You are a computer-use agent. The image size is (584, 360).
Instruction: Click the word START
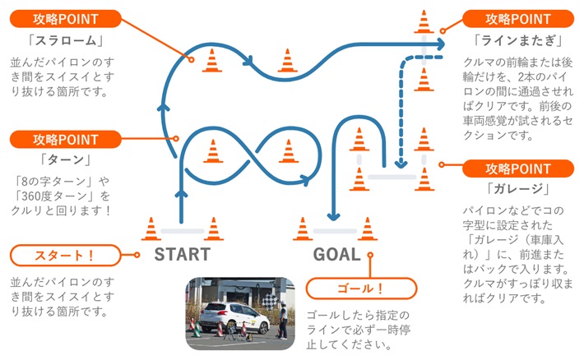pos(182,255)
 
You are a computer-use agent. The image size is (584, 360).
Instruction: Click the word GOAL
pos(336,255)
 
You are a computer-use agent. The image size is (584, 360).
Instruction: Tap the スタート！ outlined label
pos(65,256)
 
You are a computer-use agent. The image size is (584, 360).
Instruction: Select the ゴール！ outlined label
pos(361,288)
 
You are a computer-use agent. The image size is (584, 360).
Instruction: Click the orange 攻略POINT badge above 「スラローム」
pos(66,19)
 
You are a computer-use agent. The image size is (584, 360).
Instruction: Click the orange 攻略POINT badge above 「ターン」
pos(66,139)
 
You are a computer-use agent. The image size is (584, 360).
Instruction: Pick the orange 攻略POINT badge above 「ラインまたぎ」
pos(518,19)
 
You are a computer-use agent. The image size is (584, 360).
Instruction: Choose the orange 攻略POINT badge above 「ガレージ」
pos(518,168)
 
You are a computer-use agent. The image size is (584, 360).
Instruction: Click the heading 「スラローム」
pos(66,40)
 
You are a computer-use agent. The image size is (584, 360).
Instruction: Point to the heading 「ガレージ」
pos(518,189)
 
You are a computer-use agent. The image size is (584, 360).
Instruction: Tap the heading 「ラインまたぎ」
pos(518,40)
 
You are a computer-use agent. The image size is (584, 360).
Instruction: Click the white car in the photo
pos(234,317)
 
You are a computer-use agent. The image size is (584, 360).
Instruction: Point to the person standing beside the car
pos(283,320)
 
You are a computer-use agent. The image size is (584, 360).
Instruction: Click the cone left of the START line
pos(151,229)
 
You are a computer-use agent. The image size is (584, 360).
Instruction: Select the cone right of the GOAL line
pos(368,229)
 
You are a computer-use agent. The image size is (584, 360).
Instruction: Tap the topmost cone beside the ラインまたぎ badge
pos(424,21)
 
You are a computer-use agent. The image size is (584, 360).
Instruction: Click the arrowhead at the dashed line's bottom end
pos(401,164)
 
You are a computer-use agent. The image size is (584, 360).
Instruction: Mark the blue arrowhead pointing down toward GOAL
pos(333,216)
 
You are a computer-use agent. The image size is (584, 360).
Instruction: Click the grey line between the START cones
pos(183,231)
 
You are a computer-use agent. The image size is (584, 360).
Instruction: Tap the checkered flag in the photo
pos(270,300)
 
